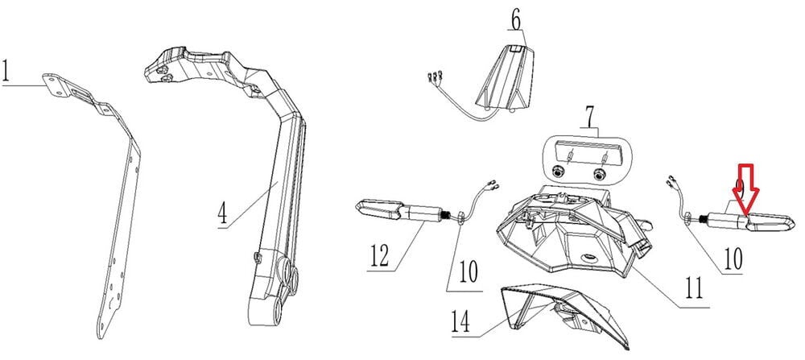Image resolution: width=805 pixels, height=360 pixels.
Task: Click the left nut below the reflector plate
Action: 557,172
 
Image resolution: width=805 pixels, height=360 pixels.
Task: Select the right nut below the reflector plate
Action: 598,173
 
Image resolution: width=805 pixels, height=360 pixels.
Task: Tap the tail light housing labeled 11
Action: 572,234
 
